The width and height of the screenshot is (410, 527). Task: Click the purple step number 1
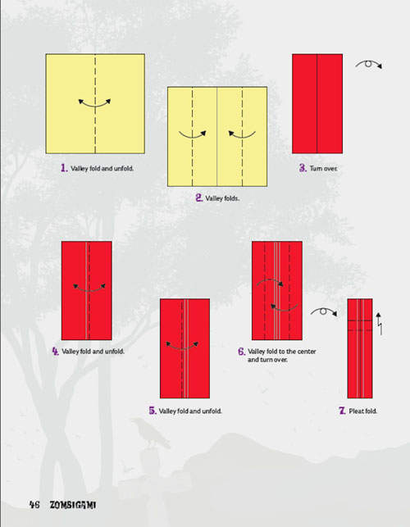click(64, 168)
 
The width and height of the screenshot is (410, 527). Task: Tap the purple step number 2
click(199, 198)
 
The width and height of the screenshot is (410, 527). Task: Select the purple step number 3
click(303, 168)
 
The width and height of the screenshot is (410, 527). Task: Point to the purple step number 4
click(55, 352)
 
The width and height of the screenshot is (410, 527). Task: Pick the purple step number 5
click(153, 411)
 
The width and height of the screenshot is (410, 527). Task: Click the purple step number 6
click(242, 352)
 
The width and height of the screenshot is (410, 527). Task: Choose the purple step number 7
click(342, 411)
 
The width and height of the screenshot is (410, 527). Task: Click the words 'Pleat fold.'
click(363, 411)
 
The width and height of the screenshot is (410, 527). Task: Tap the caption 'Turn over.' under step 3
click(323, 168)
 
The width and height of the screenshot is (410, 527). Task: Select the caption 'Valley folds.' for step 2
click(222, 198)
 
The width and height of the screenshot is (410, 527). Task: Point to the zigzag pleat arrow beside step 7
click(379, 324)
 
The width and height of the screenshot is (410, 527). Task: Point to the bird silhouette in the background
click(150, 434)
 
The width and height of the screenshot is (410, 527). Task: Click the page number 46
click(34, 505)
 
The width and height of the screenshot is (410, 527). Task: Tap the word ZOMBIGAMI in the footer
click(73, 505)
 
